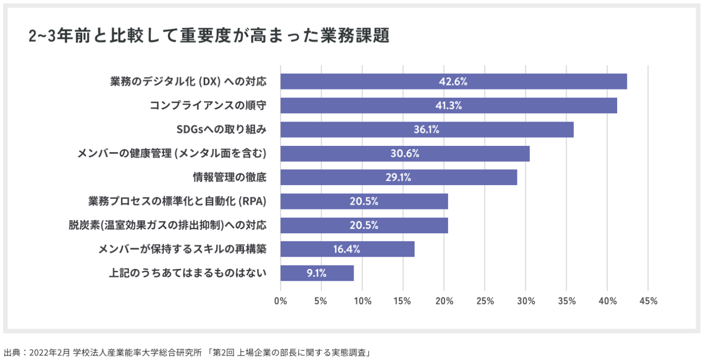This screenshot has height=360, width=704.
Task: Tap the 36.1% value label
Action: tap(426, 130)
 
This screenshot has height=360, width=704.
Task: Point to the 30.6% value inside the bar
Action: tap(405, 154)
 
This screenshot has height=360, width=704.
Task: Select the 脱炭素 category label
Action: tap(167, 225)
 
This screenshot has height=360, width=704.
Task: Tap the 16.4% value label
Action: tap(346, 249)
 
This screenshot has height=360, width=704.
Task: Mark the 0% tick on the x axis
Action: tap(281, 301)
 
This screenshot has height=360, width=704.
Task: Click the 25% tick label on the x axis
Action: tap(485, 301)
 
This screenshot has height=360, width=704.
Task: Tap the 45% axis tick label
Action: tap(648, 301)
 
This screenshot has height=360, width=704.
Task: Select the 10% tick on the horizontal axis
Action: tap(362, 301)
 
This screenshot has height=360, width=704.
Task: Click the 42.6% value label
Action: tap(453, 82)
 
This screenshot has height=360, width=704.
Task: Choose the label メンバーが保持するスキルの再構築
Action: tap(182, 249)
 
